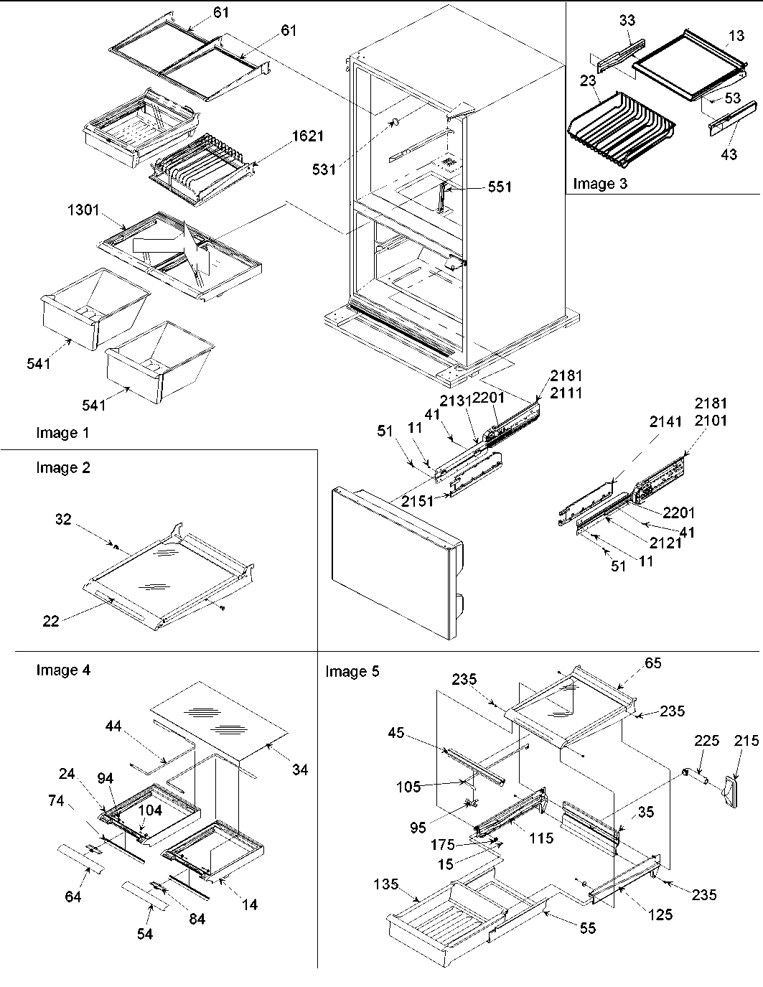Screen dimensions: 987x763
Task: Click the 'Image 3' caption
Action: tap(599, 183)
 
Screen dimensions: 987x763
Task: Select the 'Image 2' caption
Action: tap(63, 468)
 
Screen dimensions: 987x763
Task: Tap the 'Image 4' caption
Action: tap(63, 670)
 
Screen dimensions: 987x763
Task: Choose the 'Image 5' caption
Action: tap(352, 671)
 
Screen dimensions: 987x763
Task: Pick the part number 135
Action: tap(386, 884)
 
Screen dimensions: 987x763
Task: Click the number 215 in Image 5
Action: tap(746, 741)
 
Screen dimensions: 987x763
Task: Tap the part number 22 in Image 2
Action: tap(50, 622)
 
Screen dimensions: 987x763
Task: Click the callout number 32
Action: tap(63, 519)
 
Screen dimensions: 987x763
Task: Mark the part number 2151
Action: tap(418, 501)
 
